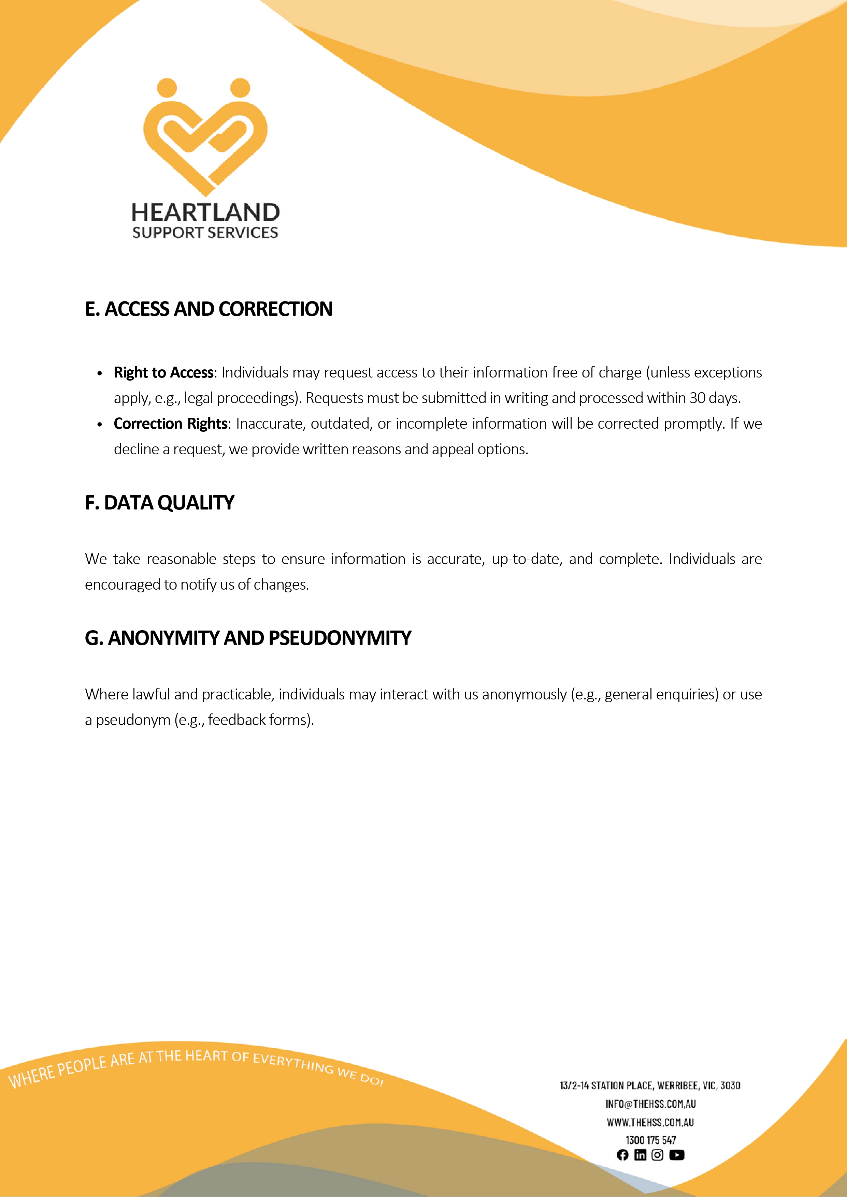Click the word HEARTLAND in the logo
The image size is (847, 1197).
click(x=205, y=212)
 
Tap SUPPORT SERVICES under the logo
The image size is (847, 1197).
click(x=205, y=233)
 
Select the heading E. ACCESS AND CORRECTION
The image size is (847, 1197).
click(x=209, y=309)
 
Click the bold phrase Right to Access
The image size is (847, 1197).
click(x=163, y=373)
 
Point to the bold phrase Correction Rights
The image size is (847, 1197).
click(x=171, y=424)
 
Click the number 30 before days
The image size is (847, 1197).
click(x=697, y=398)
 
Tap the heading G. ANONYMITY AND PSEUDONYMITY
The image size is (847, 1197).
click(x=248, y=638)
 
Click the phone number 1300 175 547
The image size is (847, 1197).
click(x=650, y=1140)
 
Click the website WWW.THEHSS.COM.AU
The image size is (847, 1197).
click(x=650, y=1122)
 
